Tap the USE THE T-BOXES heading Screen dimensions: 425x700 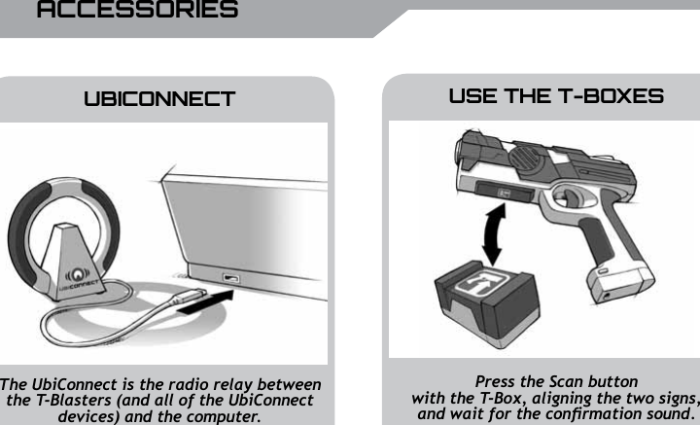point(556,97)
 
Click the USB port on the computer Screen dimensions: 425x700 point(231,281)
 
